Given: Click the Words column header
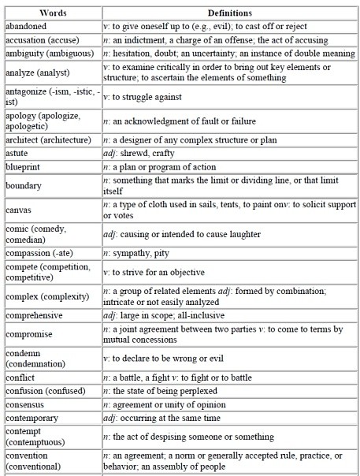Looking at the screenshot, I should pos(50,13).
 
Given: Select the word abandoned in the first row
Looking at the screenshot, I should pos(27,25).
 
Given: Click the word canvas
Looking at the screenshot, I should pos(19,210).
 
